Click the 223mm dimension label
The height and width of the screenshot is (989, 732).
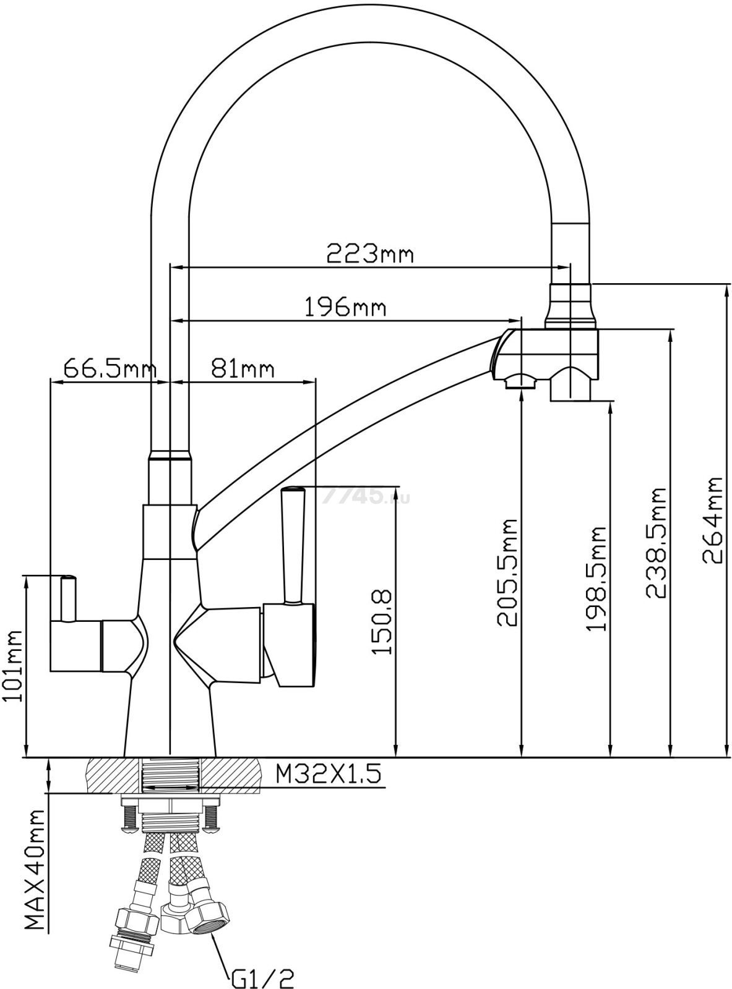tap(369, 253)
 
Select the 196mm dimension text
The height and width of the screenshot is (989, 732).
tap(345, 307)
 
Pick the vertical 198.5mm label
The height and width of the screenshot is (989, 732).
tap(596, 578)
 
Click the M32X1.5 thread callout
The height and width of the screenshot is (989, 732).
tap(328, 773)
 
